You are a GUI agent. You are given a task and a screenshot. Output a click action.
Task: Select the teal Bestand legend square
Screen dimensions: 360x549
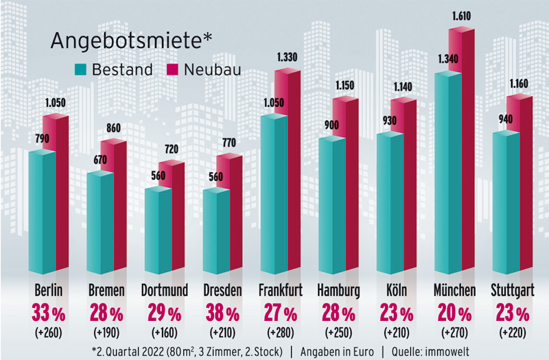[x=80, y=70]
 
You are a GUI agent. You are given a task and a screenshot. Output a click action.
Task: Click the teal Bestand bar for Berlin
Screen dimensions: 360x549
[x=41, y=213]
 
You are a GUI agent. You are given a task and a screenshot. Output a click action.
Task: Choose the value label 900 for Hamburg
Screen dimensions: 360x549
[x=331, y=125]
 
